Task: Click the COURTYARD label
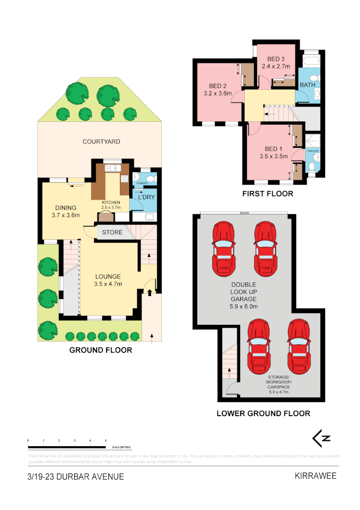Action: pos(101,142)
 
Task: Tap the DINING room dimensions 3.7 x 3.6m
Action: pos(66,215)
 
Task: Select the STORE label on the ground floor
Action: pos(112,232)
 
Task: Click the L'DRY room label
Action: pos(146,197)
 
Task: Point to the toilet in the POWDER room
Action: pos(150,178)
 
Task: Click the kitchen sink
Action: pos(113,168)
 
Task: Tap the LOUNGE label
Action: pos(108,277)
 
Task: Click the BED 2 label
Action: pos(218,86)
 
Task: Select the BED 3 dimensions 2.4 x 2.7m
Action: pos(276,67)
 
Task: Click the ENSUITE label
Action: pos(313,151)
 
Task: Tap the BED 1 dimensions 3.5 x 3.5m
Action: pos(274,156)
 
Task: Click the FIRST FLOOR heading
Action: pos(268,194)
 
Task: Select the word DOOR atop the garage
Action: pos(244,213)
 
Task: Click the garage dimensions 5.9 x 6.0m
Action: pos(243,306)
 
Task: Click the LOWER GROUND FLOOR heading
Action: pos(263,413)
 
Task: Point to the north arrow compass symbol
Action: pos(321,438)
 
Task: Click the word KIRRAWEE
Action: pos(316,476)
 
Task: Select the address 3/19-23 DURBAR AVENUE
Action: pos(76,476)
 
